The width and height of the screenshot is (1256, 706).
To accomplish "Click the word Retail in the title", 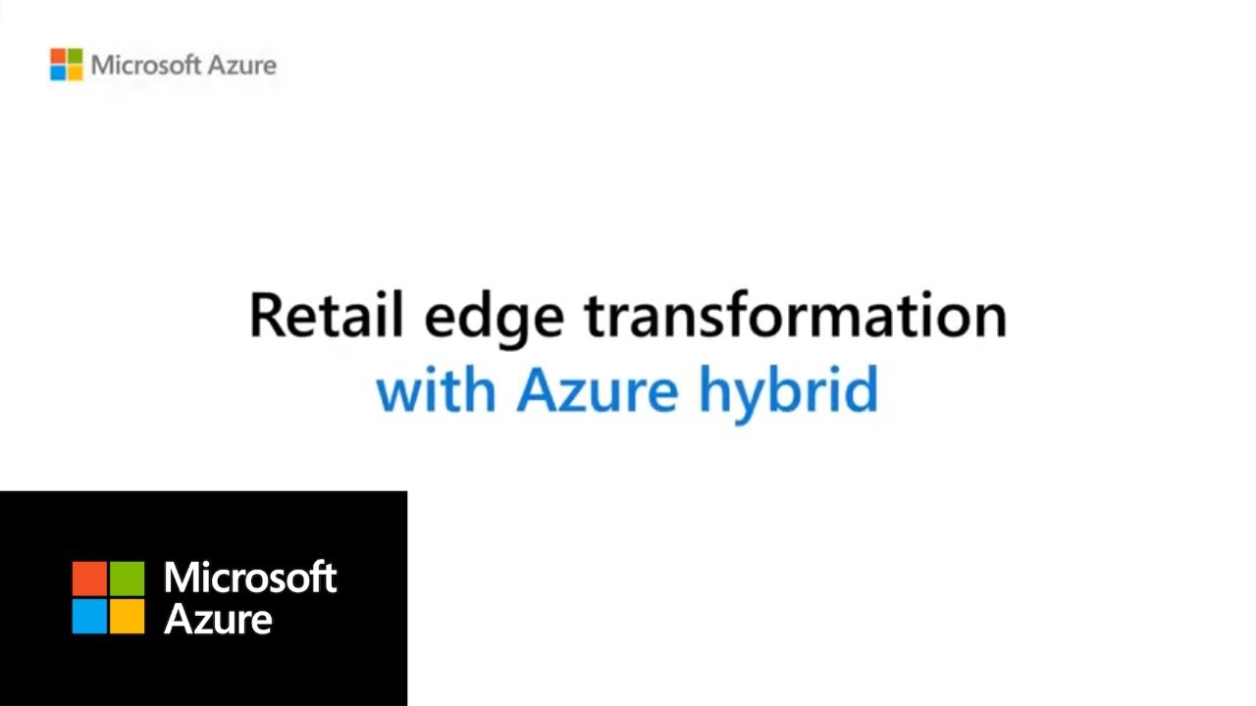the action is [327, 315].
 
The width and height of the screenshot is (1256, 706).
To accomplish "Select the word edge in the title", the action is [494, 320].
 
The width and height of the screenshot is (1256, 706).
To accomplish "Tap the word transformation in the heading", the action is [796, 315].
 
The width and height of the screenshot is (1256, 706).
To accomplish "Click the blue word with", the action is [437, 388].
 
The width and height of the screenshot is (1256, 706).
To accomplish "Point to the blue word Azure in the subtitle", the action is [598, 389].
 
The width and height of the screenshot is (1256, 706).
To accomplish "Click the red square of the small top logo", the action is [58, 56].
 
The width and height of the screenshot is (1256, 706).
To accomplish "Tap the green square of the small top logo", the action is [76, 56].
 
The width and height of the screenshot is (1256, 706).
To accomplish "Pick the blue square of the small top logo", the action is [58, 73].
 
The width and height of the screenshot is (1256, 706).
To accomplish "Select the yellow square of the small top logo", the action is [76, 73].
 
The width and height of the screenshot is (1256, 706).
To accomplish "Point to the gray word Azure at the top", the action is [242, 66].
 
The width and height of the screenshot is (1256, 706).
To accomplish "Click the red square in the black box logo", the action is [89, 579].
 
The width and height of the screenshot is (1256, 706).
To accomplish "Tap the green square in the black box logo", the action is [127, 579].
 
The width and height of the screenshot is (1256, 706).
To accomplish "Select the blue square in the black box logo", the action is [89, 617].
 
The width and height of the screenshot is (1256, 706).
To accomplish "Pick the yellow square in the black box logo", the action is [127, 617].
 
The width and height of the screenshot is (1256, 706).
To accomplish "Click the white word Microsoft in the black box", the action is [250, 578].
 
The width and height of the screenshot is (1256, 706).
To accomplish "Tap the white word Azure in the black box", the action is [218, 619].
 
